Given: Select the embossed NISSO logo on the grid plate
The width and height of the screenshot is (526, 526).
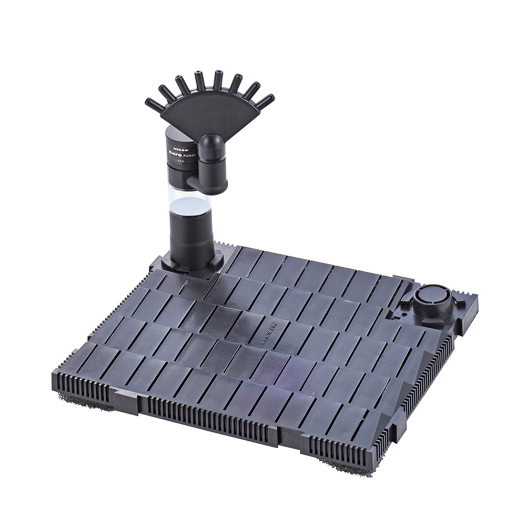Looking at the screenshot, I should (272, 333).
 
